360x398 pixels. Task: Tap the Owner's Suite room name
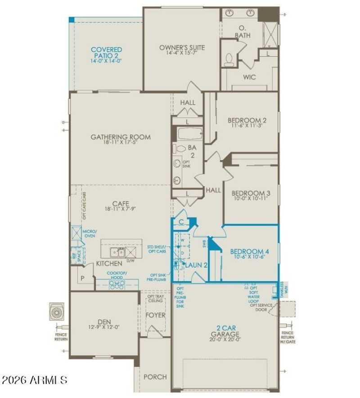coord(182,48)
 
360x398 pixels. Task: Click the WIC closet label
coord(249,77)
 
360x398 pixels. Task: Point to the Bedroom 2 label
coord(247,121)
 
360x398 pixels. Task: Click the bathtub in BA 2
coord(187,134)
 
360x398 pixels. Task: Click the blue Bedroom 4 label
coord(249,252)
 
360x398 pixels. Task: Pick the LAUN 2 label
coord(197,265)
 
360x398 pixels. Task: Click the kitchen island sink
coord(117,252)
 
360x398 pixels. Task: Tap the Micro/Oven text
coord(89,234)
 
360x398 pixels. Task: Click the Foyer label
coord(156,315)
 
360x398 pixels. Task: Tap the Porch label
coord(155,377)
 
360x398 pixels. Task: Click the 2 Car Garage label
coord(225,334)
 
